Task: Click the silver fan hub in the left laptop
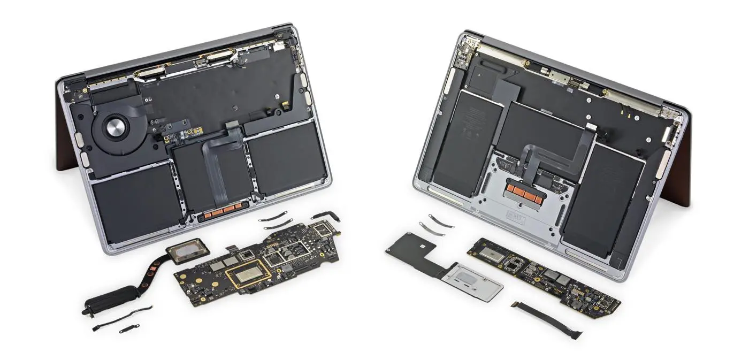click(x=114, y=128)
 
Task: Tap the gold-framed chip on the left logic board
click(x=245, y=275)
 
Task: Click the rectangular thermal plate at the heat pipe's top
click(x=186, y=249)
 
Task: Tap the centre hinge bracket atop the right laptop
click(x=575, y=83)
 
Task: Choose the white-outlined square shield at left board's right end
click(x=324, y=231)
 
